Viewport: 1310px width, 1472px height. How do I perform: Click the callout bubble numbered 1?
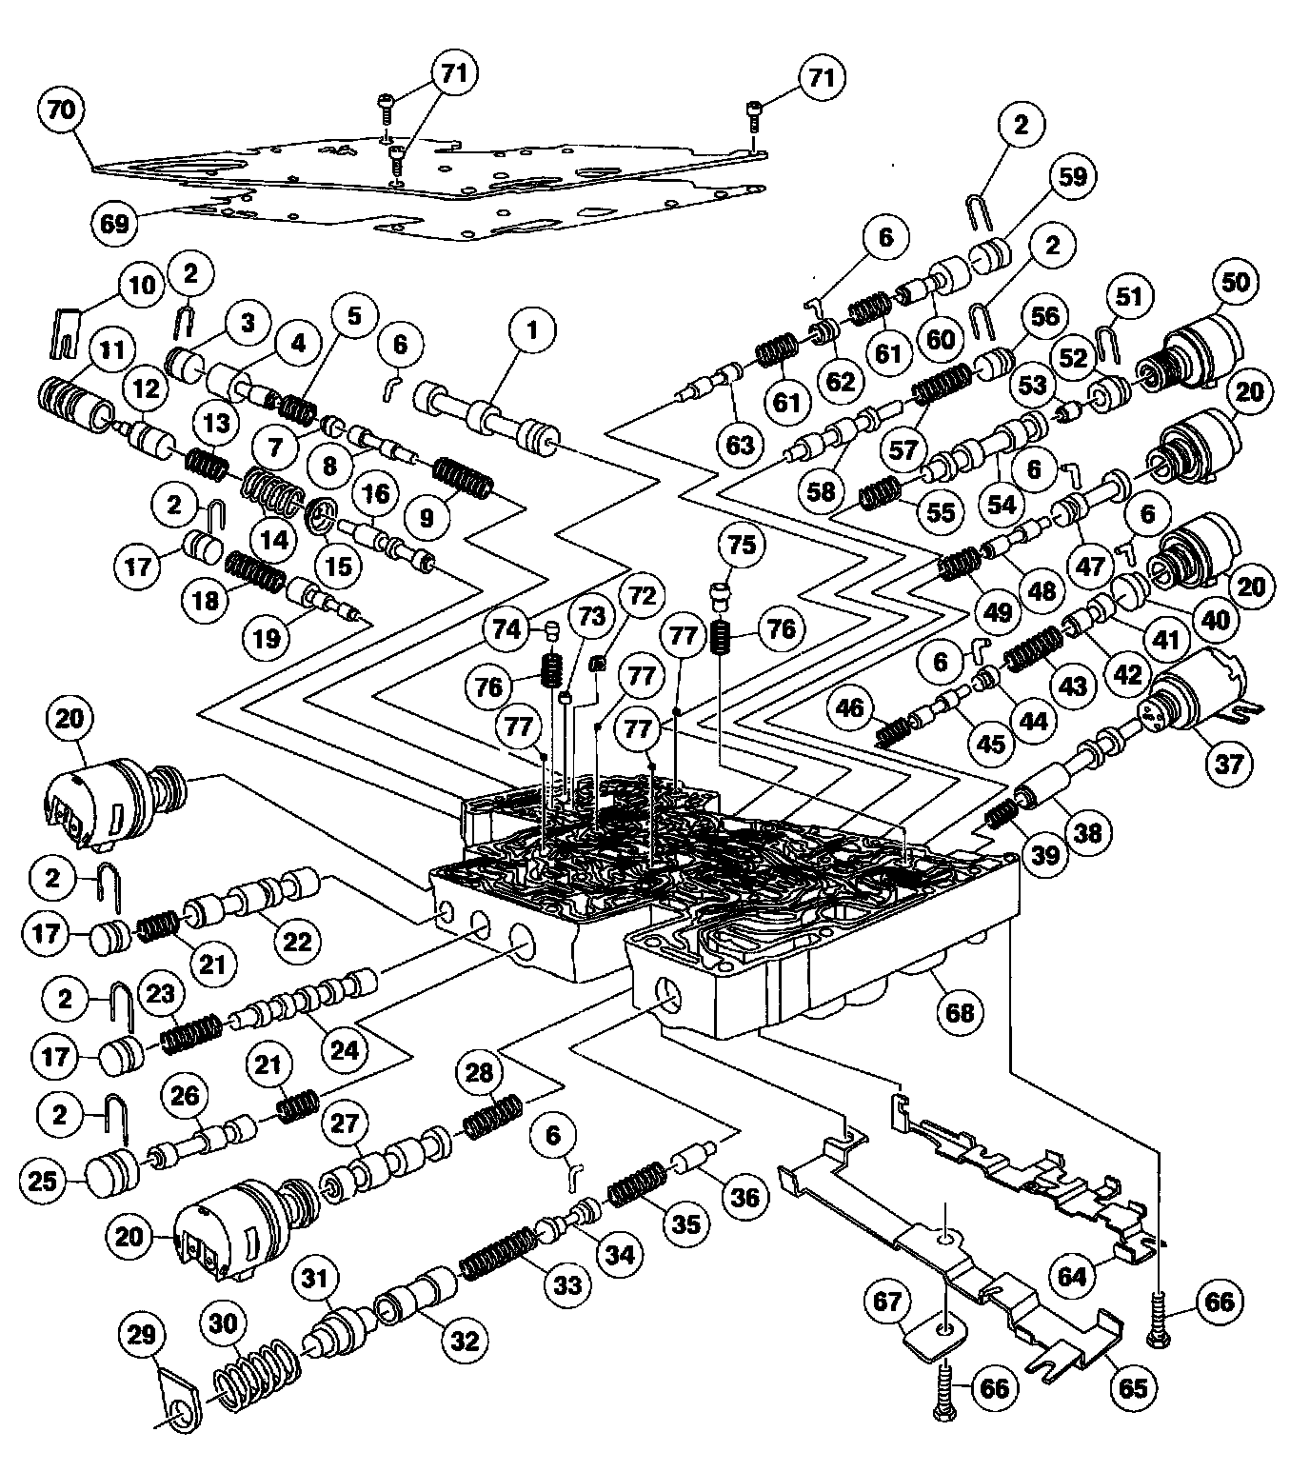531,330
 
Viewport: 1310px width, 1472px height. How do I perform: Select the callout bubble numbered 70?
60,109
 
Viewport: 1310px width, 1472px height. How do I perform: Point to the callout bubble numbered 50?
1237,282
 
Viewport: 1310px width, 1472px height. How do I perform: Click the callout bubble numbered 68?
959,1012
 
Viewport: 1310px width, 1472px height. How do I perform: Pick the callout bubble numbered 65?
1133,1387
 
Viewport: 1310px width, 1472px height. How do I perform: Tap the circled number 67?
888,1302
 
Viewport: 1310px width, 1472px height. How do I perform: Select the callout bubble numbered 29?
141,1334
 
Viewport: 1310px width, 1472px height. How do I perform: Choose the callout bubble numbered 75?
742,545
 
